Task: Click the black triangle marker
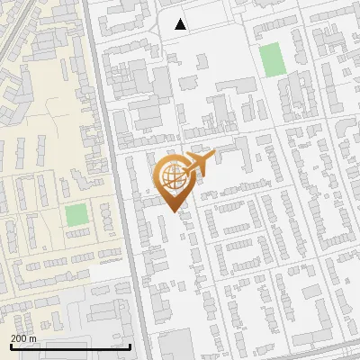(x=181, y=24)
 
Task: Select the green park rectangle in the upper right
(x=271, y=59)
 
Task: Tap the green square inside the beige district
(x=76, y=216)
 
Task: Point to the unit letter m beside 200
(x=32, y=338)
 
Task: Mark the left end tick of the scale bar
(x=10, y=345)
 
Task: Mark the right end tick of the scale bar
(x=130, y=345)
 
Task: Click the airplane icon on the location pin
(x=199, y=162)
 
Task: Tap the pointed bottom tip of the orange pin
(x=173, y=213)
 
